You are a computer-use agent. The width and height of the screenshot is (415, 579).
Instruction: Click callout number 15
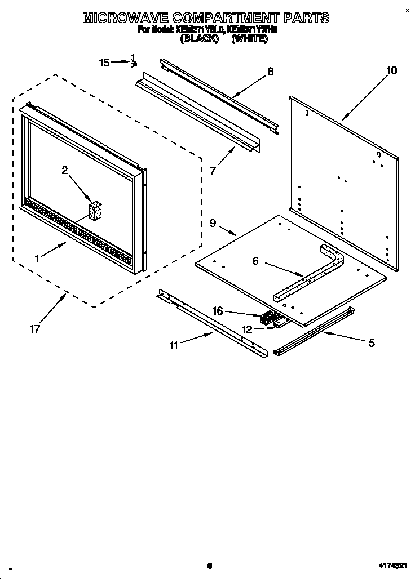click(104, 63)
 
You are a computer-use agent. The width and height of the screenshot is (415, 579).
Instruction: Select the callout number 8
click(270, 72)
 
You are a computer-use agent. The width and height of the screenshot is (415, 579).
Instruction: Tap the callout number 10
click(391, 70)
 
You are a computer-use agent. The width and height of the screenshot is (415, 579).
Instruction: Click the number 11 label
click(174, 345)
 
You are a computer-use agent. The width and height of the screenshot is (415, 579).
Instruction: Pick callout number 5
click(371, 342)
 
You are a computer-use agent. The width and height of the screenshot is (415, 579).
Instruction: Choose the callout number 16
click(218, 310)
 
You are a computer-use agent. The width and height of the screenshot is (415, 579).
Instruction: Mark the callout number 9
click(213, 223)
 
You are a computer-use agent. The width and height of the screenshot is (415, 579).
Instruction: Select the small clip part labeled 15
click(133, 61)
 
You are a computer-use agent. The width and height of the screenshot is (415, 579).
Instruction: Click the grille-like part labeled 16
click(269, 318)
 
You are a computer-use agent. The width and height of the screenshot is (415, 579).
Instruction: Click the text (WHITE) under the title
click(249, 40)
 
